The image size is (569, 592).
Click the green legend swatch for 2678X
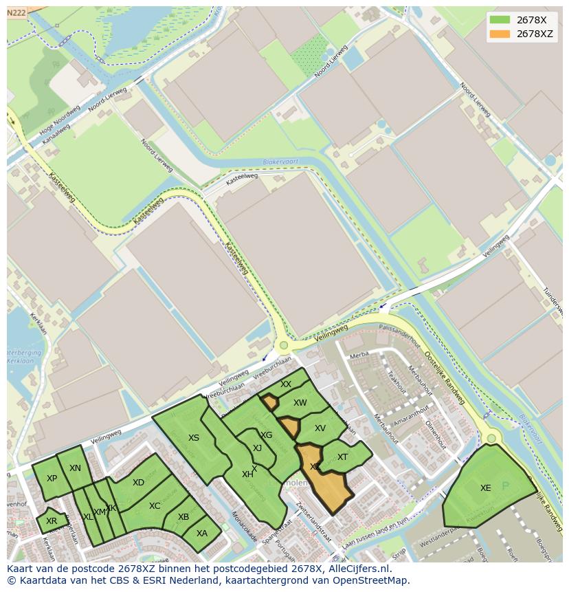coord(500,20)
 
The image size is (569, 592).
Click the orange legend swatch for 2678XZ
coord(500,34)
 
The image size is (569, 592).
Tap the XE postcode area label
coord(485,488)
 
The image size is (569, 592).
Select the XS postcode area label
coord(194,438)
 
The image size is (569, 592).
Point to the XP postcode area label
coord(52,479)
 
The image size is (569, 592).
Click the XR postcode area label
coord(52,521)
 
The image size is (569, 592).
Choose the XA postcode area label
coord(202,533)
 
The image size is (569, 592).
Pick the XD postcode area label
coord(138,483)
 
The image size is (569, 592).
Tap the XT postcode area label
coord(342,457)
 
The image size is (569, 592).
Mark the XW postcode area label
coord(300,403)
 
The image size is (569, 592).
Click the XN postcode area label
coord(75,468)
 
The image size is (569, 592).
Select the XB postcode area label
coord(183,517)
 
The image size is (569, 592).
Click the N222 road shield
coord(16,12)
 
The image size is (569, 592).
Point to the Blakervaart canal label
coord(278,162)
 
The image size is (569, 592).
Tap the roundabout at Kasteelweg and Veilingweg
coord(283,345)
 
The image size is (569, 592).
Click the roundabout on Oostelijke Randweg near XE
coord(491,438)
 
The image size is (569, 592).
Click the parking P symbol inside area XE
coord(506,485)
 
